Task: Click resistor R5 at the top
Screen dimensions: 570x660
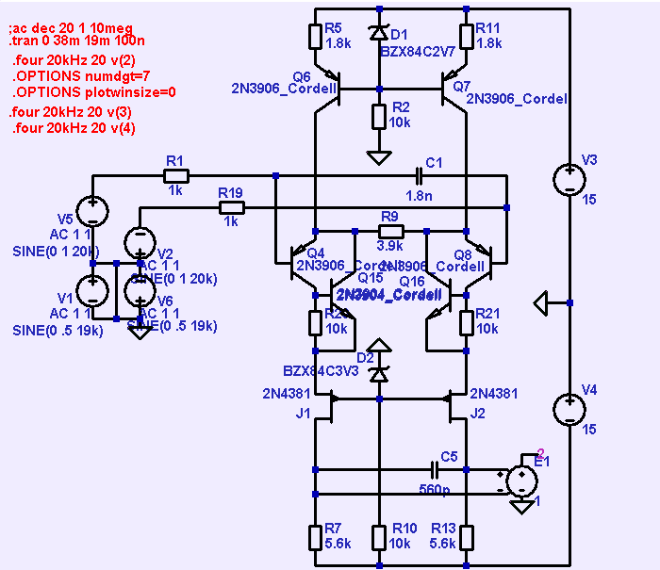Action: pos(316,36)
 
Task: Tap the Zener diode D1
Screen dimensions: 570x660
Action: pos(379,33)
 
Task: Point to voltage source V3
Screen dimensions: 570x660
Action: pos(570,178)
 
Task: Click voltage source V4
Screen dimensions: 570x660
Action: pos(570,409)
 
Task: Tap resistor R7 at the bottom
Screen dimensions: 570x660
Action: pos(316,537)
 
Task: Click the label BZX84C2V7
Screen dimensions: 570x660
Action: pos(418,52)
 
